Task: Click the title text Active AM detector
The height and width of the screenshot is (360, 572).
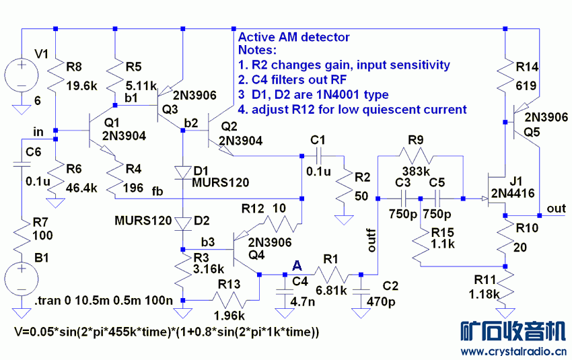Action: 294,38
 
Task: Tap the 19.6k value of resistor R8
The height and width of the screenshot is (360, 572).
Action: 83,85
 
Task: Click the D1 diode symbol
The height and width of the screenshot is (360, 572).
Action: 182,172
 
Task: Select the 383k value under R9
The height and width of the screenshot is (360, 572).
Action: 417,171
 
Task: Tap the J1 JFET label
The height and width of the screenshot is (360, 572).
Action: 517,182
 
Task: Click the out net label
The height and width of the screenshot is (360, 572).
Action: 557,209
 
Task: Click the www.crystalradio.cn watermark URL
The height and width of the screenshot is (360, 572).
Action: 513,351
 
